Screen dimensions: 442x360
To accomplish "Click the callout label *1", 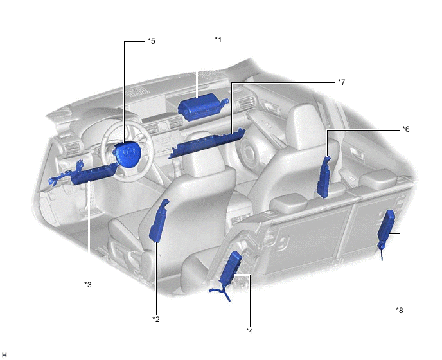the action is (x=218, y=40).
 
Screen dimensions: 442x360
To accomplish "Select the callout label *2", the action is (x=156, y=319).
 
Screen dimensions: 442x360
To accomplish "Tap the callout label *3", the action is (x=88, y=284).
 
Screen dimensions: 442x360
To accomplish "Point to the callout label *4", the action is (x=249, y=330).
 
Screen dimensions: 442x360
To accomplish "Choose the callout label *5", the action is (x=152, y=41).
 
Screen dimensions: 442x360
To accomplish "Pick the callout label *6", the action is (x=405, y=129).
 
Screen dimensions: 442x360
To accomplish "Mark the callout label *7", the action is (x=341, y=82).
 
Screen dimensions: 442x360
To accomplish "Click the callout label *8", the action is (x=399, y=310).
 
